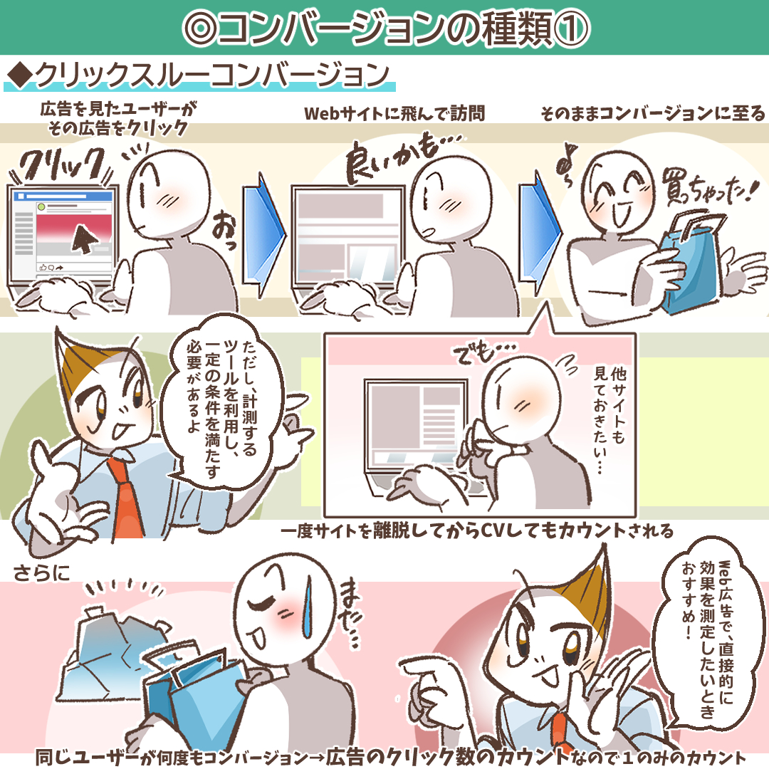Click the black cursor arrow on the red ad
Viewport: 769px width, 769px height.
[x=83, y=239]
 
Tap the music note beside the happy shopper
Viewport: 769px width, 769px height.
[x=567, y=165]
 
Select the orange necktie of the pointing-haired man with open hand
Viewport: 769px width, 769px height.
[x=126, y=497]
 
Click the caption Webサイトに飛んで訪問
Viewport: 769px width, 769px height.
[x=394, y=114]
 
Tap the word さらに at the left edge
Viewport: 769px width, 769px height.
[x=41, y=572]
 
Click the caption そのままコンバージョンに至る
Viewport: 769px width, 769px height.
[x=653, y=114]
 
